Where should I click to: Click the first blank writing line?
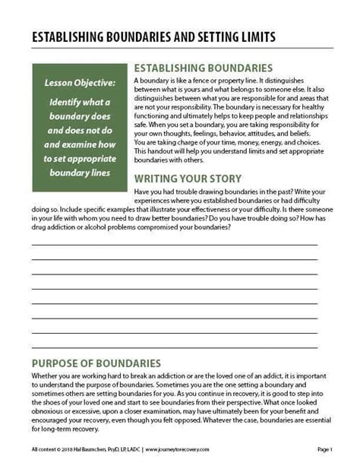174,245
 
